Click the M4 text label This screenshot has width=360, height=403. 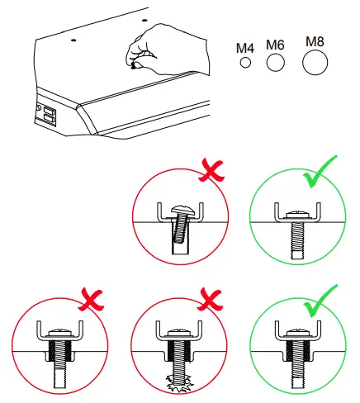point(244,48)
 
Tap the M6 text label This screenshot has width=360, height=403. point(275,44)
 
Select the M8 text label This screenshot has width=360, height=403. point(315,40)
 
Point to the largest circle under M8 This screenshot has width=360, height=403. point(315,62)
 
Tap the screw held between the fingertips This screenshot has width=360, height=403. point(134,64)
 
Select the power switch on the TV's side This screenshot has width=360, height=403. point(49,115)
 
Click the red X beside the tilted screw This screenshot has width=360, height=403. point(214,171)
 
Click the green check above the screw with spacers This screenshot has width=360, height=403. point(319,296)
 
